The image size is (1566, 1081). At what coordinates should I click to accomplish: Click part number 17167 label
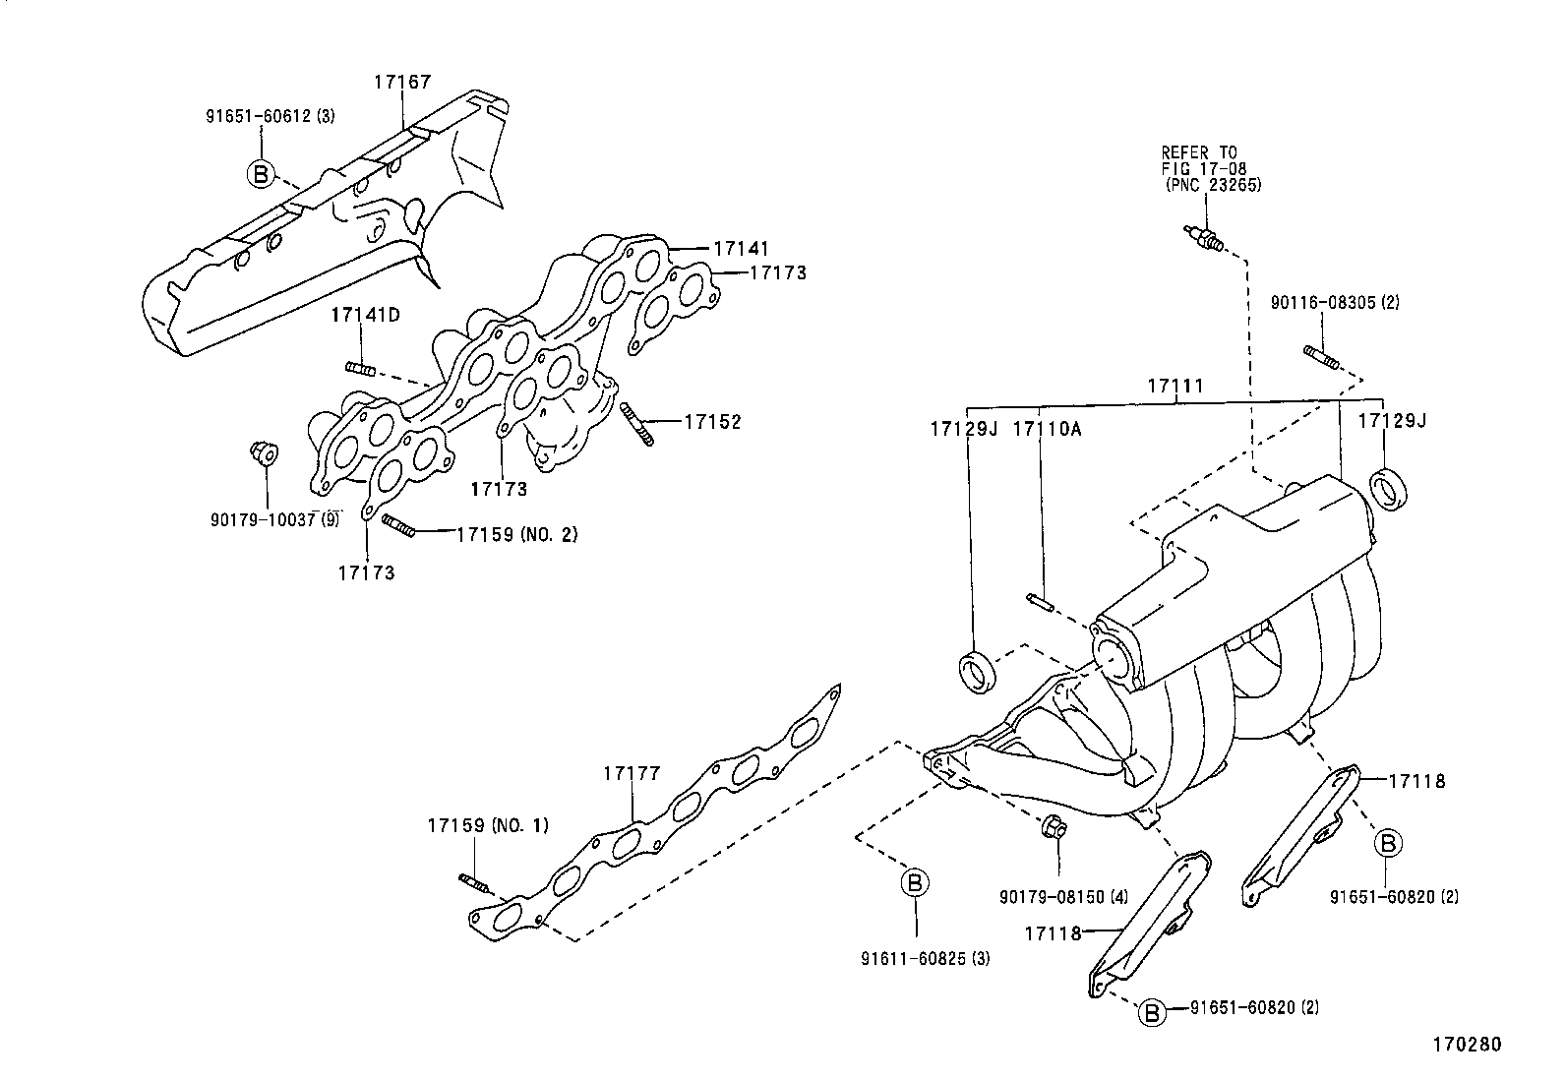point(401,83)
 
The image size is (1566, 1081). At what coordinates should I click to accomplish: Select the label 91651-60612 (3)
point(270,116)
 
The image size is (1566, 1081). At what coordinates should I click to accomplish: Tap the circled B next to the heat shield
point(260,174)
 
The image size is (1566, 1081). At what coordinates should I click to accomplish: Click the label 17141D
point(365,315)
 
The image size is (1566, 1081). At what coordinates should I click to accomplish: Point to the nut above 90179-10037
point(261,454)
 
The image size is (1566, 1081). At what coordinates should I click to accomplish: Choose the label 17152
point(712,422)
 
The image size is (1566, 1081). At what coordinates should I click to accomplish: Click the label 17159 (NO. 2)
point(516,535)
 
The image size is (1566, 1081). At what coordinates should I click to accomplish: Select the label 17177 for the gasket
point(632,775)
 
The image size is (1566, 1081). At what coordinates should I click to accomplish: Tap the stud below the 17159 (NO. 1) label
point(474,882)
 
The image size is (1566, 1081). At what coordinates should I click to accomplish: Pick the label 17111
point(1174,387)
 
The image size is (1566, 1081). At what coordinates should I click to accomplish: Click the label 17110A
point(1047,429)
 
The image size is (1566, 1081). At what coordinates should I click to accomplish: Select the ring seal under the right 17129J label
point(1389,489)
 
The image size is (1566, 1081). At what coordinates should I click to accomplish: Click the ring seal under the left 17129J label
point(977,671)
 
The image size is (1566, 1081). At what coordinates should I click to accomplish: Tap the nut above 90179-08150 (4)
point(1053,828)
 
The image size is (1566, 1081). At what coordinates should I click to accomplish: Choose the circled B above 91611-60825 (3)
point(915,883)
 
